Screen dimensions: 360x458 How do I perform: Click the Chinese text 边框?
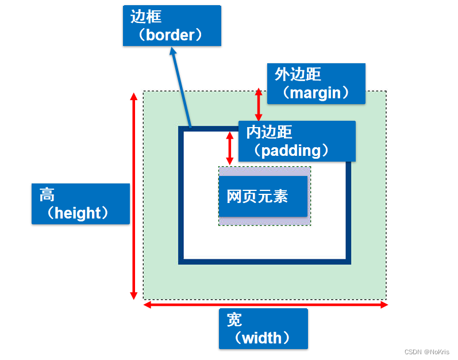[x=146, y=17]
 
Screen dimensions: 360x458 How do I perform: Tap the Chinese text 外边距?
[x=298, y=74]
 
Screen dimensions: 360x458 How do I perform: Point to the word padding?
[x=291, y=150]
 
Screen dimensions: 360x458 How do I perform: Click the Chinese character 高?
[x=47, y=194]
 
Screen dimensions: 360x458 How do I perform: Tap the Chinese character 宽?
[x=234, y=319]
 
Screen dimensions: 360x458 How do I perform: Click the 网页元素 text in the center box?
[x=257, y=196]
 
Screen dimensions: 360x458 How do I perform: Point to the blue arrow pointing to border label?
[x=181, y=86]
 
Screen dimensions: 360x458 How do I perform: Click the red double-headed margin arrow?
[x=259, y=104]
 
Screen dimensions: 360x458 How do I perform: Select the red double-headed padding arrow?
[x=230, y=148]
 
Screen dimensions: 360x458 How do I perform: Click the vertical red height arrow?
[x=134, y=196]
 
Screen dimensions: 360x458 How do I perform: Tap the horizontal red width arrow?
[x=265, y=305]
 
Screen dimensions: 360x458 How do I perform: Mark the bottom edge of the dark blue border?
[x=264, y=262]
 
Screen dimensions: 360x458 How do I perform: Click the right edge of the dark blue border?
[x=348, y=213]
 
